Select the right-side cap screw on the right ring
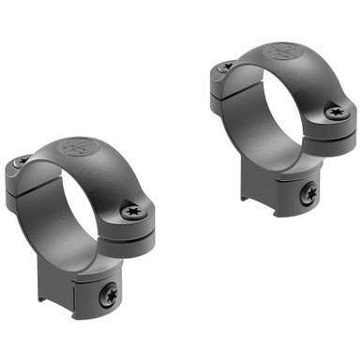click(x=336, y=112)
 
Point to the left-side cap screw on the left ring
click(x=20, y=163)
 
